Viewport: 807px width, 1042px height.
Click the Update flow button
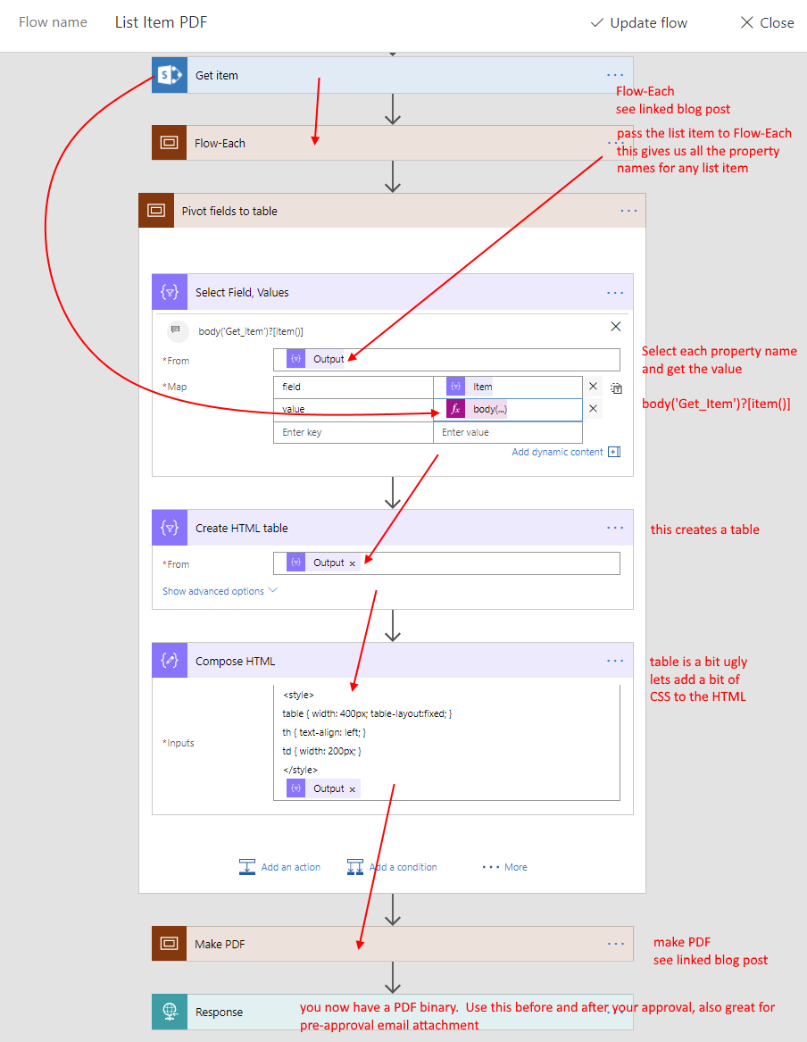tap(639, 22)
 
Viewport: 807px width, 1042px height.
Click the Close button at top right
tap(767, 22)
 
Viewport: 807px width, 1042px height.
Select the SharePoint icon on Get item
tap(170, 75)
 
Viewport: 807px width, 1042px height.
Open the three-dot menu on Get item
tap(615, 75)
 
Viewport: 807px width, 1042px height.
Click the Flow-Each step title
tap(220, 143)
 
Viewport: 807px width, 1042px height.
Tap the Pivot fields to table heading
tap(229, 211)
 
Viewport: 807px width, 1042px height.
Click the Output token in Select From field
tap(316, 359)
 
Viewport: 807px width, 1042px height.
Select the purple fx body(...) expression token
tap(477, 409)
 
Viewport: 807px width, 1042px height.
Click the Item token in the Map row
tap(470, 386)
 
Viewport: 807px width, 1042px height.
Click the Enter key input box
tap(354, 432)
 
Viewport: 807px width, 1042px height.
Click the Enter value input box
tap(508, 432)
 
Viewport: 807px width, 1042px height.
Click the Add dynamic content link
tap(557, 452)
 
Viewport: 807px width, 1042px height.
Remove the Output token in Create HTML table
tap(352, 563)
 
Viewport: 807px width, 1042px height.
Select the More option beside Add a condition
tap(504, 867)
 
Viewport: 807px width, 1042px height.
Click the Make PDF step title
tap(220, 944)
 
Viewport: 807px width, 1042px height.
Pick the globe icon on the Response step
tap(170, 1012)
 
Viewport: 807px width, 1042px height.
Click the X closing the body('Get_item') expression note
tap(616, 326)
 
